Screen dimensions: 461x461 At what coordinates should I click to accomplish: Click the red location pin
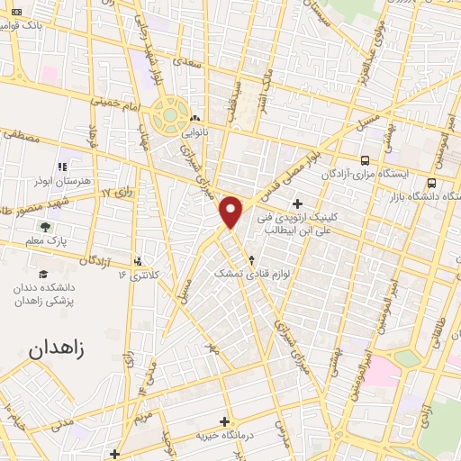[x=232, y=211]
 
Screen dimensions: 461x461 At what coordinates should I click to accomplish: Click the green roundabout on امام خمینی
[x=168, y=116]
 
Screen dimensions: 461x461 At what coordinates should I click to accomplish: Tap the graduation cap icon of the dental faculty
[x=43, y=274]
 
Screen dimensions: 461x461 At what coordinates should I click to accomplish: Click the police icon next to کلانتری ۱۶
[x=138, y=261]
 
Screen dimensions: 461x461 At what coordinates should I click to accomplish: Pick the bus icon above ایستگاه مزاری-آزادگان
[x=364, y=158]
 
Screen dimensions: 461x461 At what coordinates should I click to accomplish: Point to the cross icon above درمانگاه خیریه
[x=223, y=420]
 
